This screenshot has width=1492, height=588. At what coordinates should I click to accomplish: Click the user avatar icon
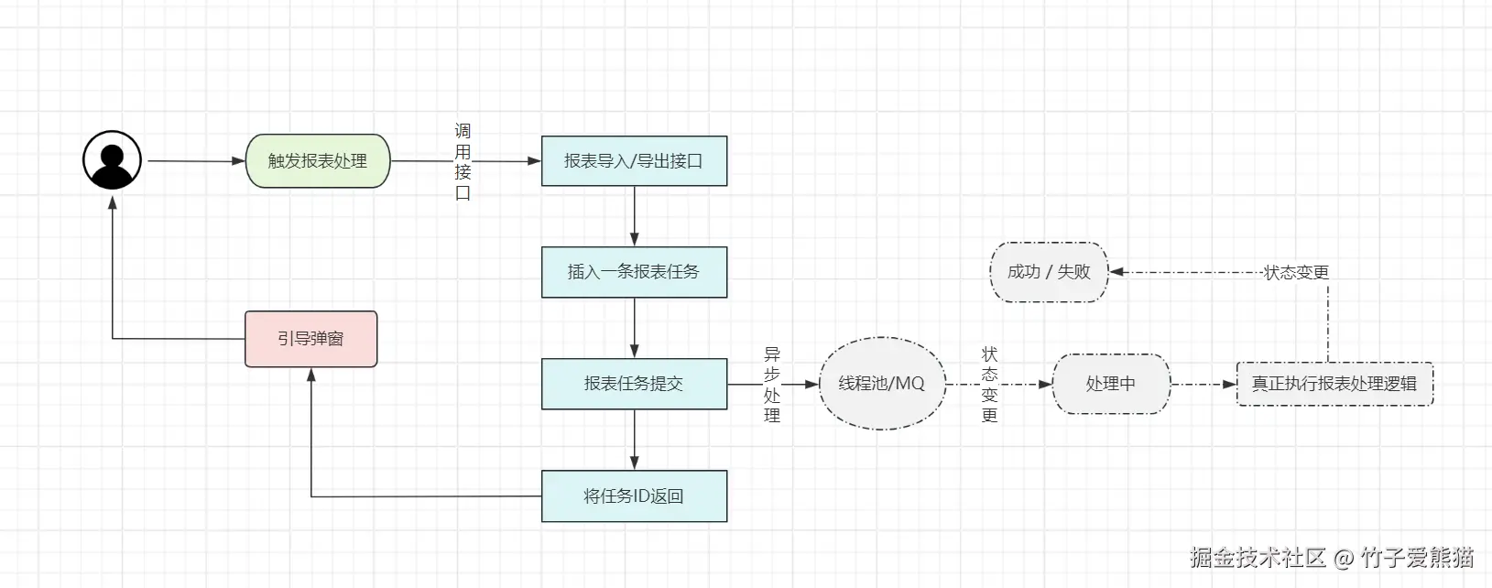(112, 160)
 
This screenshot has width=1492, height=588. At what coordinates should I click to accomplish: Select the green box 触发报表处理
(318, 161)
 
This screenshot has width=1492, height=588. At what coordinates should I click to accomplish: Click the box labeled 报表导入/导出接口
(634, 161)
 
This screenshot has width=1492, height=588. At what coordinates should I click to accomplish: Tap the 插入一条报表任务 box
(634, 272)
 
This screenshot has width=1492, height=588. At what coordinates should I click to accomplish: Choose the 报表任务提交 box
(634, 384)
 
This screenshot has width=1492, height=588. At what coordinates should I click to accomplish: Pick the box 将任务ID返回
(634, 496)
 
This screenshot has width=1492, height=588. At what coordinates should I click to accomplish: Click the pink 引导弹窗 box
(310, 339)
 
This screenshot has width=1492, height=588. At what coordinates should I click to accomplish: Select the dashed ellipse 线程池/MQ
(881, 384)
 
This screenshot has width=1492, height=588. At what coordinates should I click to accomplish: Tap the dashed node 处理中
(1110, 384)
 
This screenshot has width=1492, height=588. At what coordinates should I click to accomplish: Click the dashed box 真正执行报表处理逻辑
(1334, 384)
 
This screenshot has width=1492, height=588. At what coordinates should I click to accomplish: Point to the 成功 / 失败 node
(1049, 272)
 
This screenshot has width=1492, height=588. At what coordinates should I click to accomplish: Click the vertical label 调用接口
(463, 162)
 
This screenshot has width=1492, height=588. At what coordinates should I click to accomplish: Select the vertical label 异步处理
(772, 385)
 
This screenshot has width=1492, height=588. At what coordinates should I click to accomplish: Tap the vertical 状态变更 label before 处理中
(989, 385)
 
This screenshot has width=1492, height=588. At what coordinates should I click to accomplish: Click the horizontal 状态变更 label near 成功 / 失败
(1296, 273)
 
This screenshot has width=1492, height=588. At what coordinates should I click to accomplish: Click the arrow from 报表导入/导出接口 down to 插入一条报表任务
(634, 216)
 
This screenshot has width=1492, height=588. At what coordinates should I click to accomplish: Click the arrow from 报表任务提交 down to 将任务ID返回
(634, 440)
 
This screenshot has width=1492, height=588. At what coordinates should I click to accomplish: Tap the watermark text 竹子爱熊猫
(1417, 557)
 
